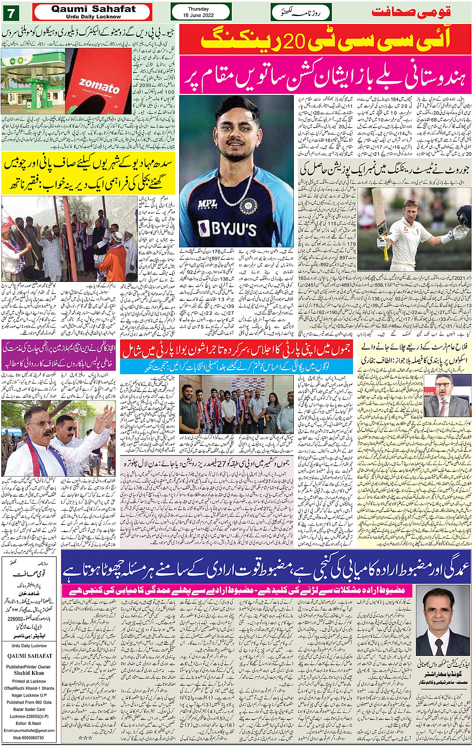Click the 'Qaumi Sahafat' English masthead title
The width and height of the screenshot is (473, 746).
93,9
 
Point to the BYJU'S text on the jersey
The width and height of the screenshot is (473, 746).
227,229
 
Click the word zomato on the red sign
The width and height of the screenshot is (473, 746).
99,86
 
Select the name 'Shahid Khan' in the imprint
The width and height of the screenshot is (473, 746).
29,673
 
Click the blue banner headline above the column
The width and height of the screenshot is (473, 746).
265,567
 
